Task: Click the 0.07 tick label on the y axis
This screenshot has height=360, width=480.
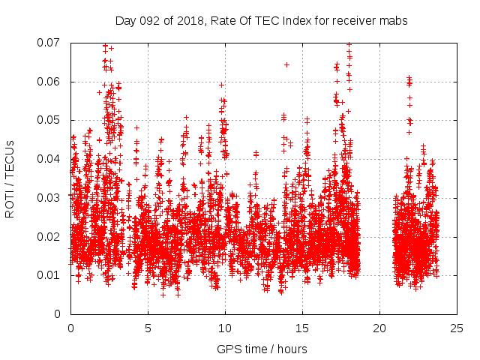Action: tap(50, 43)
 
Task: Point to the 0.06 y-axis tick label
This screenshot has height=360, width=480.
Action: tap(50, 82)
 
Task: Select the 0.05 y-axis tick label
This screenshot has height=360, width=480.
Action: tap(50, 120)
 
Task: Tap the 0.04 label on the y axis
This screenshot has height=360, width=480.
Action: tap(50, 159)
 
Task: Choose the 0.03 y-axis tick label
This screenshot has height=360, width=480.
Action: tap(50, 198)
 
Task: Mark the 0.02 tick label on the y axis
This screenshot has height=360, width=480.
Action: tap(50, 236)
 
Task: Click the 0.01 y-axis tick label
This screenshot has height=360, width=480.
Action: tap(50, 275)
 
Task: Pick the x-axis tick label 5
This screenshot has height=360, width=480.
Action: tap(148, 328)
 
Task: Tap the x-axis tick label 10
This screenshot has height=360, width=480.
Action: tap(225, 328)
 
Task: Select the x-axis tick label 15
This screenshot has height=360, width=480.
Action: tap(302, 328)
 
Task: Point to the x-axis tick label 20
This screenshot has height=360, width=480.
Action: tap(379, 328)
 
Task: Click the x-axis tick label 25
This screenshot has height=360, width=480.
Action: tap(457, 328)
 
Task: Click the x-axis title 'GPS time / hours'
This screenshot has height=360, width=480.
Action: tap(262, 349)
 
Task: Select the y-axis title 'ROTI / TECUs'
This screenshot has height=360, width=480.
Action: tap(10, 178)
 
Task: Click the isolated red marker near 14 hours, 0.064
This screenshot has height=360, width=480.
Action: tap(286, 64)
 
